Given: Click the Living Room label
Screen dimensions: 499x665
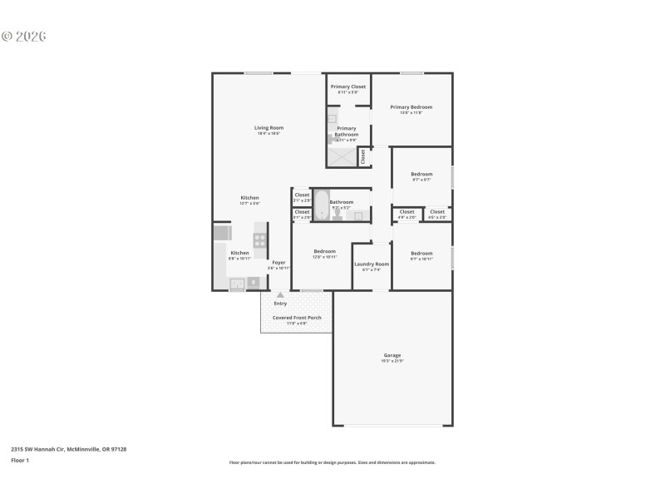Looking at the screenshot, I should pos(268,128).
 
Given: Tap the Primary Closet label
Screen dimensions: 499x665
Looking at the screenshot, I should pos(347,87).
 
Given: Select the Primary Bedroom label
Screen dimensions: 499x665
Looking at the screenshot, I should pos(411,107).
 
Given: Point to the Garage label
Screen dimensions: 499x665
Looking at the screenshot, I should pos(392,356).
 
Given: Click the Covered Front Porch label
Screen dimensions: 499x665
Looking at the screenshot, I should pos(297,318).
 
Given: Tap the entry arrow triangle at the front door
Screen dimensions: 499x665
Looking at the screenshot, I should pos(280,295).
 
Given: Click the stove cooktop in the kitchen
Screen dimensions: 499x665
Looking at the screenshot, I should pos(260,240).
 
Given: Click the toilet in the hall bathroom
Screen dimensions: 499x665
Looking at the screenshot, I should pos(338,215).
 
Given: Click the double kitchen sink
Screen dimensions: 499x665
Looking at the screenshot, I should pos(237,284).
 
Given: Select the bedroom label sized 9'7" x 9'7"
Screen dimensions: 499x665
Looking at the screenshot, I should pos(421,175).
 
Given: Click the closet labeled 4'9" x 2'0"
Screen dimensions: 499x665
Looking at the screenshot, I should pos(406,212).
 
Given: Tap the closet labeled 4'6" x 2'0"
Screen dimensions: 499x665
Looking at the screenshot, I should pos(437,212).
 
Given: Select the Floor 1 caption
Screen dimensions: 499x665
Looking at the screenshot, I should pos(20,460).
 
